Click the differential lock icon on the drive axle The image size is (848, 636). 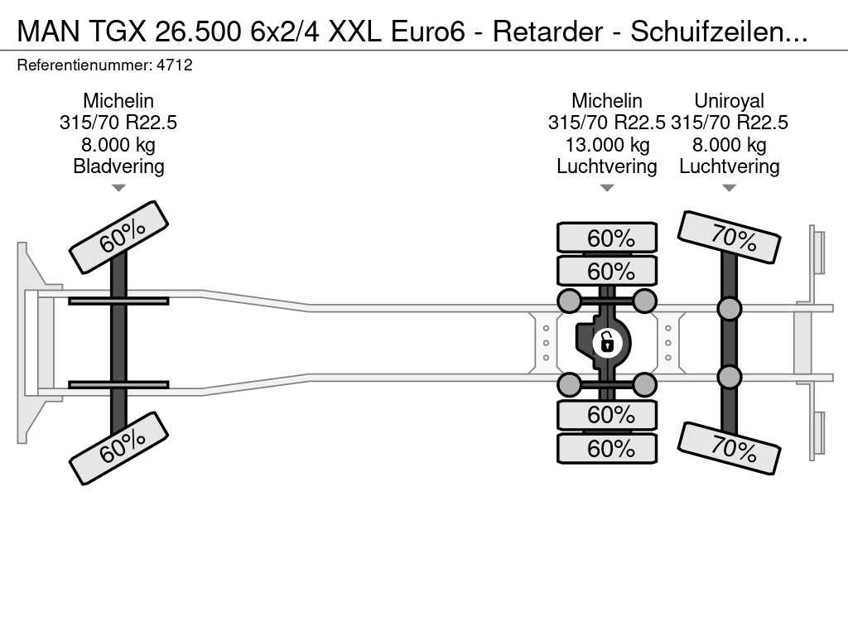(607, 340)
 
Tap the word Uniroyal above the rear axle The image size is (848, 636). (729, 101)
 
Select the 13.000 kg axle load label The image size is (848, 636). (607, 145)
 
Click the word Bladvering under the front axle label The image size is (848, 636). (118, 166)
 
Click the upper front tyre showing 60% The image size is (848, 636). (119, 237)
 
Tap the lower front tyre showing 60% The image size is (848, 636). (119, 448)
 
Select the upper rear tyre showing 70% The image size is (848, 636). (730, 238)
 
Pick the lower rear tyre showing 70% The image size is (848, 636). (730, 448)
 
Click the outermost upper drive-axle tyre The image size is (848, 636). (607, 238)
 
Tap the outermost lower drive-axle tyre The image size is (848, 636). (607, 449)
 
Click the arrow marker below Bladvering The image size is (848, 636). (118, 188)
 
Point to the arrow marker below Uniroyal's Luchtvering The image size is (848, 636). (729, 188)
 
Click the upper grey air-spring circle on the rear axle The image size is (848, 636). (729, 309)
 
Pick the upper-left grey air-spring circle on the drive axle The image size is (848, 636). (570, 301)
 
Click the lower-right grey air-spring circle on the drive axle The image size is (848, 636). (644, 384)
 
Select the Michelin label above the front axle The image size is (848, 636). (118, 101)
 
